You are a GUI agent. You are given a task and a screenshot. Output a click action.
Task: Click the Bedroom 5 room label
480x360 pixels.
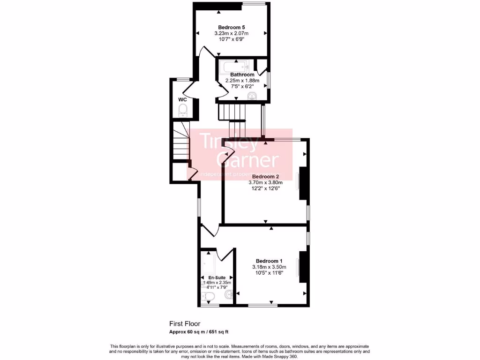(231, 27)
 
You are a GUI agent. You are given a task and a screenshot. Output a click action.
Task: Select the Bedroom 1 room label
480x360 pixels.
(269, 261)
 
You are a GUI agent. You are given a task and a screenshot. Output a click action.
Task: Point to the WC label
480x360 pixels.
(183, 100)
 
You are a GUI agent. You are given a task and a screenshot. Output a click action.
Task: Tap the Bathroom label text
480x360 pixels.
(242, 75)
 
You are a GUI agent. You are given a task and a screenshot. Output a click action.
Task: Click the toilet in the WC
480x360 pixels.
(183, 111)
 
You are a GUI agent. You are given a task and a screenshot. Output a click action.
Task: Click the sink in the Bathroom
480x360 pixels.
(253, 97)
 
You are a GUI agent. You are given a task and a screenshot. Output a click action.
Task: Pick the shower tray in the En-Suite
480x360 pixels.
(208, 263)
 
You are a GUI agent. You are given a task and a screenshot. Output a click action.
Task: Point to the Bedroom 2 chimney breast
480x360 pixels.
(303, 185)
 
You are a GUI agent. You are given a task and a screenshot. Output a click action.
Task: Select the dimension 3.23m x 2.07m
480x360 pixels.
(231, 33)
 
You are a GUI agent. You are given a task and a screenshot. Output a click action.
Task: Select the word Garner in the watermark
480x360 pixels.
(247, 160)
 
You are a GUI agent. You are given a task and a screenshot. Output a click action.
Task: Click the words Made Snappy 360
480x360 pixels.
(280, 357)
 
